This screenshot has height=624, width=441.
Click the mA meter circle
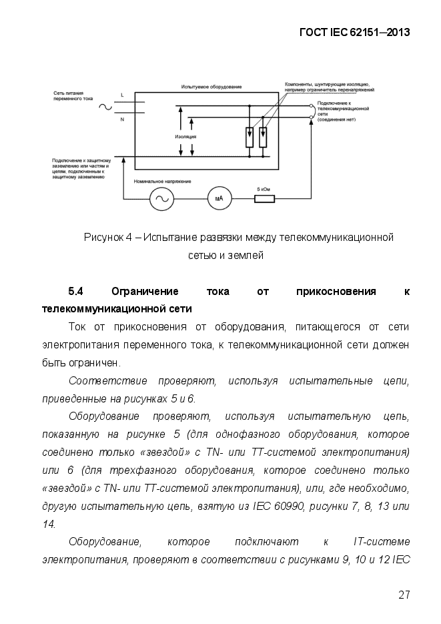pyautogui.click(x=219, y=198)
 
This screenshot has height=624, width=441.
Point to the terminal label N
pyautogui.click(x=122, y=119)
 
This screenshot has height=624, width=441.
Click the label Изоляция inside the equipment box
pyautogui.click(x=185, y=136)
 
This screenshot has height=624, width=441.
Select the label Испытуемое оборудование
pyautogui.click(x=211, y=87)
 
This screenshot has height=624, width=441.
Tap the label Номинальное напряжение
pyautogui.click(x=163, y=182)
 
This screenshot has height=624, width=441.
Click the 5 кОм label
pyautogui.click(x=264, y=189)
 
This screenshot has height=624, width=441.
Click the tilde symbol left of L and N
pyautogui.click(x=105, y=107)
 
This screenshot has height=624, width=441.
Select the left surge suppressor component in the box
pyautogui.click(x=249, y=137)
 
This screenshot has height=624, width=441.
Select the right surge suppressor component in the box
pyautogui.click(x=262, y=137)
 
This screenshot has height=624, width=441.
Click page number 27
pyautogui.click(x=404, y=595)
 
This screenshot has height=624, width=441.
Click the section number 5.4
pyautogui.click(x=75, y=292)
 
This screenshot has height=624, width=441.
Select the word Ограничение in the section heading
pyautogui.click(x=145, y=292)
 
